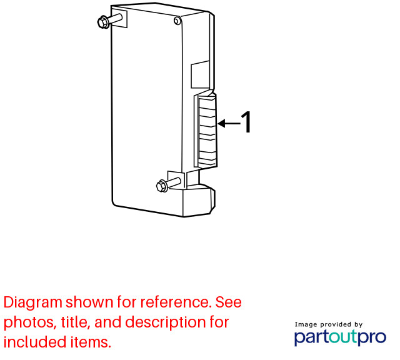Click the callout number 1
click(246, 122)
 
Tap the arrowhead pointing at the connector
click(221, 123)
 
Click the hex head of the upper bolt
click(103, 22)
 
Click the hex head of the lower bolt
click(161, 186)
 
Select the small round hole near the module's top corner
click(177, 21)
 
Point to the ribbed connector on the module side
click(207, 131)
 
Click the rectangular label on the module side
click(201, 74)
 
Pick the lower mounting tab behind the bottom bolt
click(176, 180)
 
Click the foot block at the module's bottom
click(199, 200)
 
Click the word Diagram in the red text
click(33, 303)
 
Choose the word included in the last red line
click(35, 342)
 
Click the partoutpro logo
click(340, 337)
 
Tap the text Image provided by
click(329, 324)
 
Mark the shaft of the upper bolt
click(116, 19)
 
